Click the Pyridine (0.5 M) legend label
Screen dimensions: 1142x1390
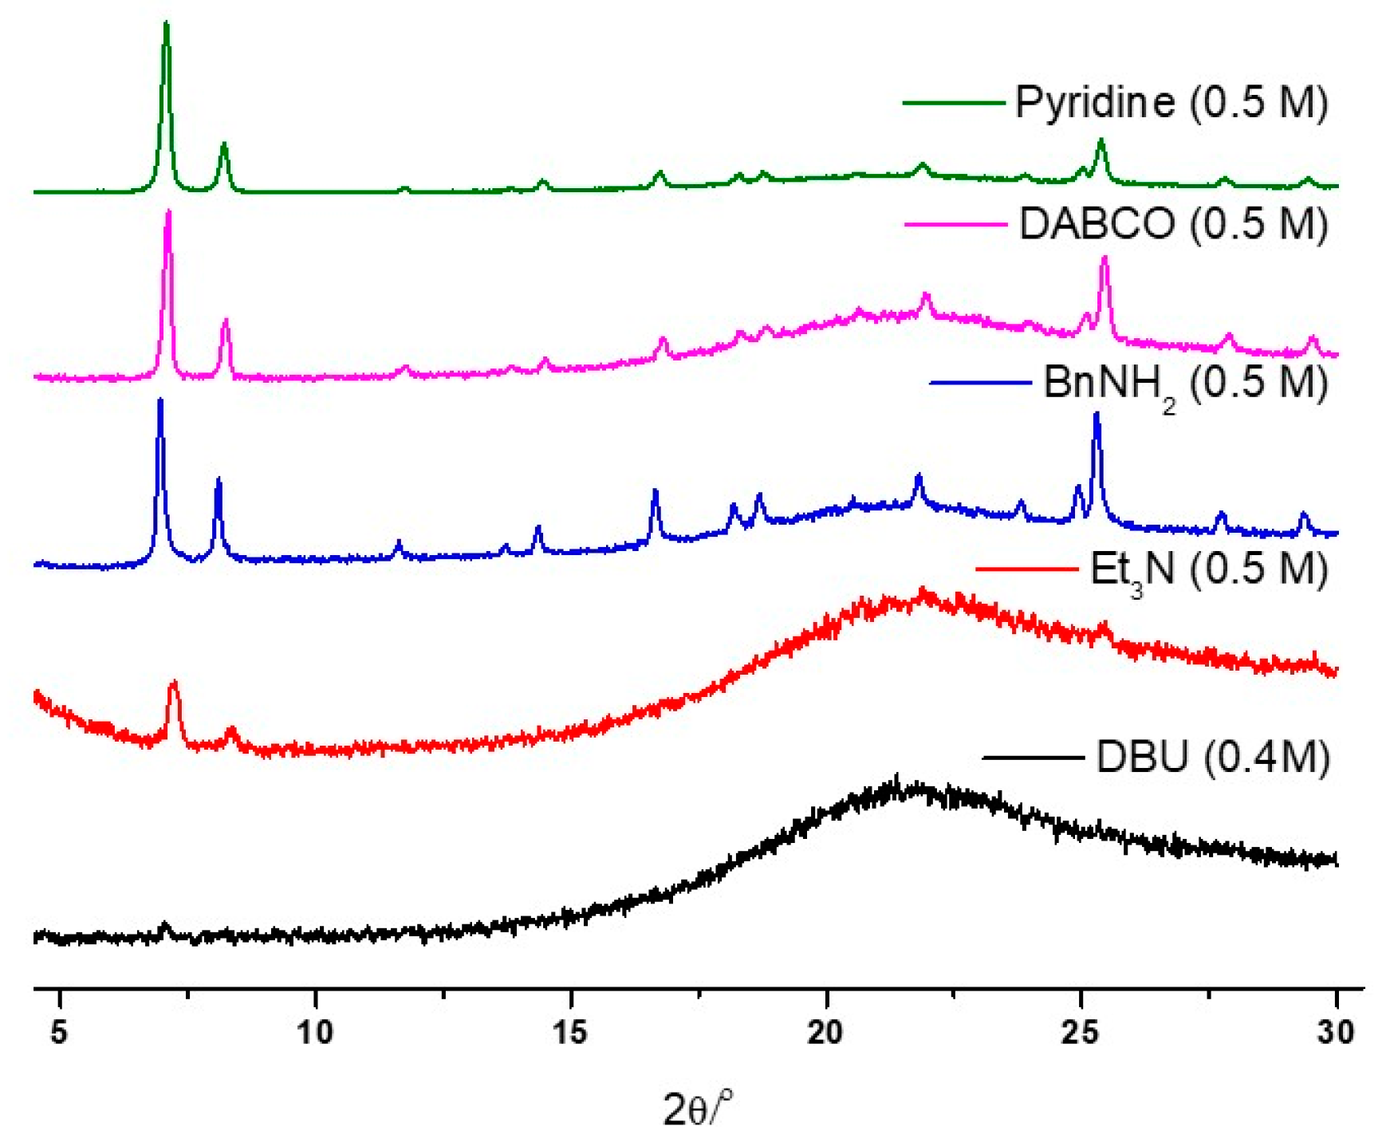(x=1171, y=102)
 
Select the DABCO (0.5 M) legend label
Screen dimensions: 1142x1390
(x=1173, y=223)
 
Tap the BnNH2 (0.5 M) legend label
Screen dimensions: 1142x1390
(x=1186, y=384)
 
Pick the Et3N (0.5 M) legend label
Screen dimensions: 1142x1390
(x=1208, y=569)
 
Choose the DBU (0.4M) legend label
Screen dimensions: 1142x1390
(x=1213, y=756)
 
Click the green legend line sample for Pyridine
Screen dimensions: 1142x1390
(x=953, y=103)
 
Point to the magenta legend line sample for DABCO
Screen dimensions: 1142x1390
(x=955, y=225)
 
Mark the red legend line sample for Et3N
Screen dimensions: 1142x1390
(x=1026, y=569)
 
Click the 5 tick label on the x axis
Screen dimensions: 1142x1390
(x=59, y=1032)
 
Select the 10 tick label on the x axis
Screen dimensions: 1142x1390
(x=315, y=1032)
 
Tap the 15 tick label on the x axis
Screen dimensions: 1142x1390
(x=570, y=1032)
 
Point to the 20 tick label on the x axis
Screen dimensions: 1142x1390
(x=825, y=1032)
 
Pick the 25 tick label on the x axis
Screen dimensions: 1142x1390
(x=1081, y=1032)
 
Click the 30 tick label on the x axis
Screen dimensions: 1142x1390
(x=1336, y=1032)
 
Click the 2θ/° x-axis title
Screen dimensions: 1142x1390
(x=696, y=1108)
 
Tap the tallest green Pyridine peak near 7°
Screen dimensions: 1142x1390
(x=166, y=26)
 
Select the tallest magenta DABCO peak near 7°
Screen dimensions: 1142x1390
(x=167, y=214)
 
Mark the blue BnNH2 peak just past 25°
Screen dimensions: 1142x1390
(x=1097, y=415)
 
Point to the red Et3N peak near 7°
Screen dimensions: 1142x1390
(x=173, y=684)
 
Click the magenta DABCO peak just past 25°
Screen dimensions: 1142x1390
(x=1105, y=259)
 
